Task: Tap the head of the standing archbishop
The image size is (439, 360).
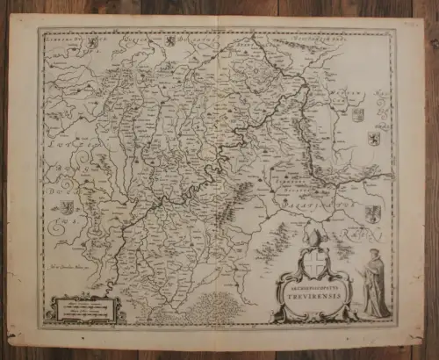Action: coord(372,255)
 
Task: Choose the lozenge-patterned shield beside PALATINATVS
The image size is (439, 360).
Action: coord(373,213)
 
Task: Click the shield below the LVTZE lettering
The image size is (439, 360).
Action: coord(67,208)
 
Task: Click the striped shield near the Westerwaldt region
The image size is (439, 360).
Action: coord(357,114)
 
